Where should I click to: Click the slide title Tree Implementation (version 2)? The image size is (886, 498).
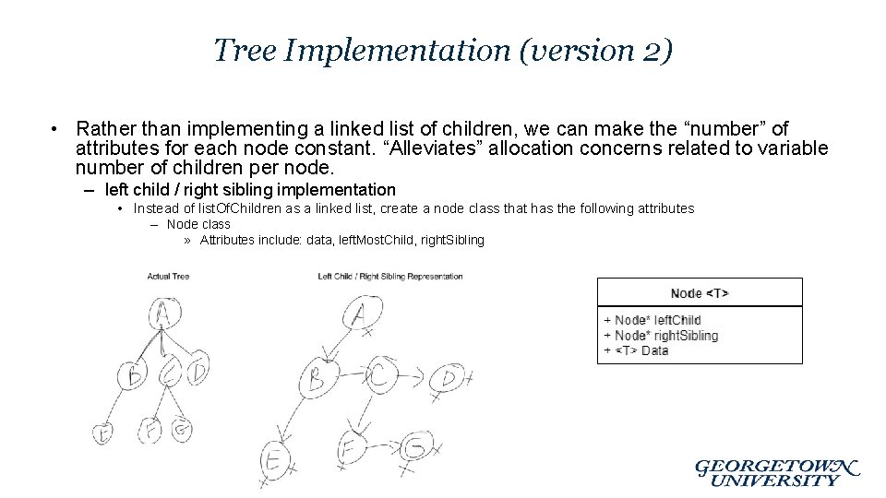[443, 50]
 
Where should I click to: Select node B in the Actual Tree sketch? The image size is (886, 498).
[136, 373]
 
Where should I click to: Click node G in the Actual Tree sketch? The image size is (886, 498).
[182, 430]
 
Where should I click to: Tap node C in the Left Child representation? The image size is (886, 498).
[379, 375]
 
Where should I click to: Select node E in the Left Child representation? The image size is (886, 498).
[274, 459]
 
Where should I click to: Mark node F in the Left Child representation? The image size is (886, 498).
[350, 449]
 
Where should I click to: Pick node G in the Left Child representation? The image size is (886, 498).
[415, 449]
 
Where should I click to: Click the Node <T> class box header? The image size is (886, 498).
[700, 293]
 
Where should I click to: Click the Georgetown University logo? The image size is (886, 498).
[775, 472]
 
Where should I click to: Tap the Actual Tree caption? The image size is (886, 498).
[168, 277]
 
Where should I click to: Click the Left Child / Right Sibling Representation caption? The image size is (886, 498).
[389, 277]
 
